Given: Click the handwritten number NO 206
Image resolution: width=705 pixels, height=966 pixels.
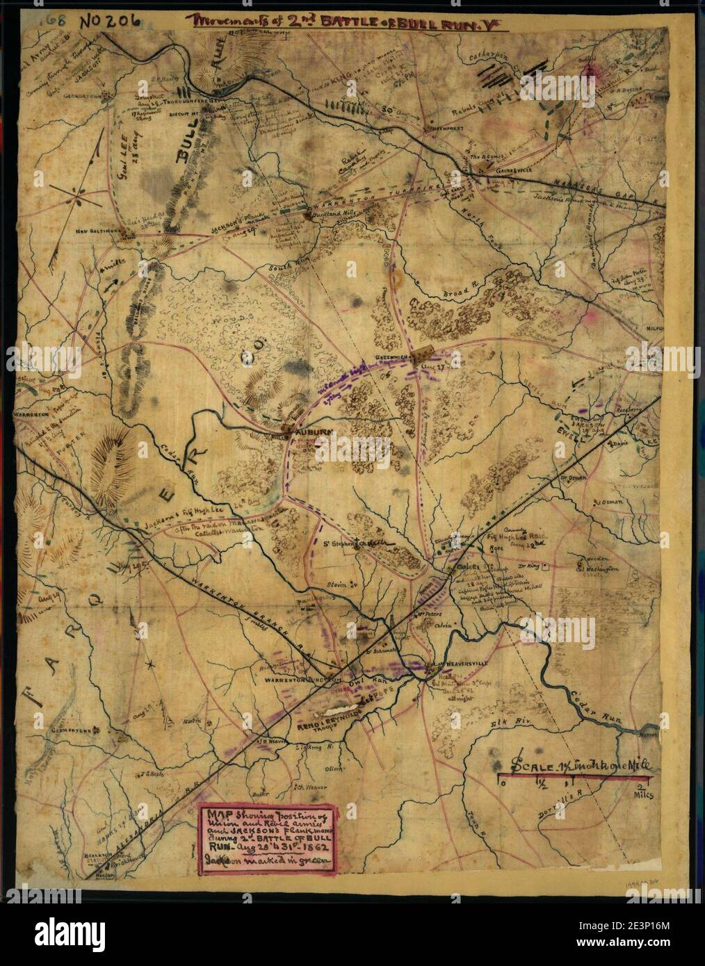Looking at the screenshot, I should click(105, 20).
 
